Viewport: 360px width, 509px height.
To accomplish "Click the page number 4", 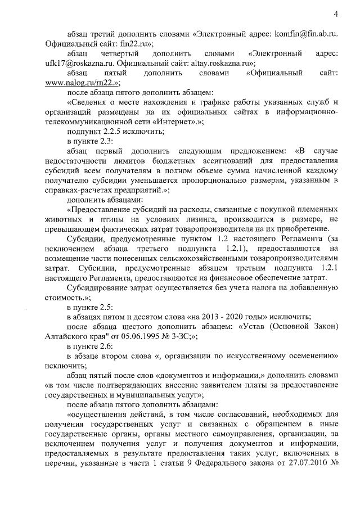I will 335,13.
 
